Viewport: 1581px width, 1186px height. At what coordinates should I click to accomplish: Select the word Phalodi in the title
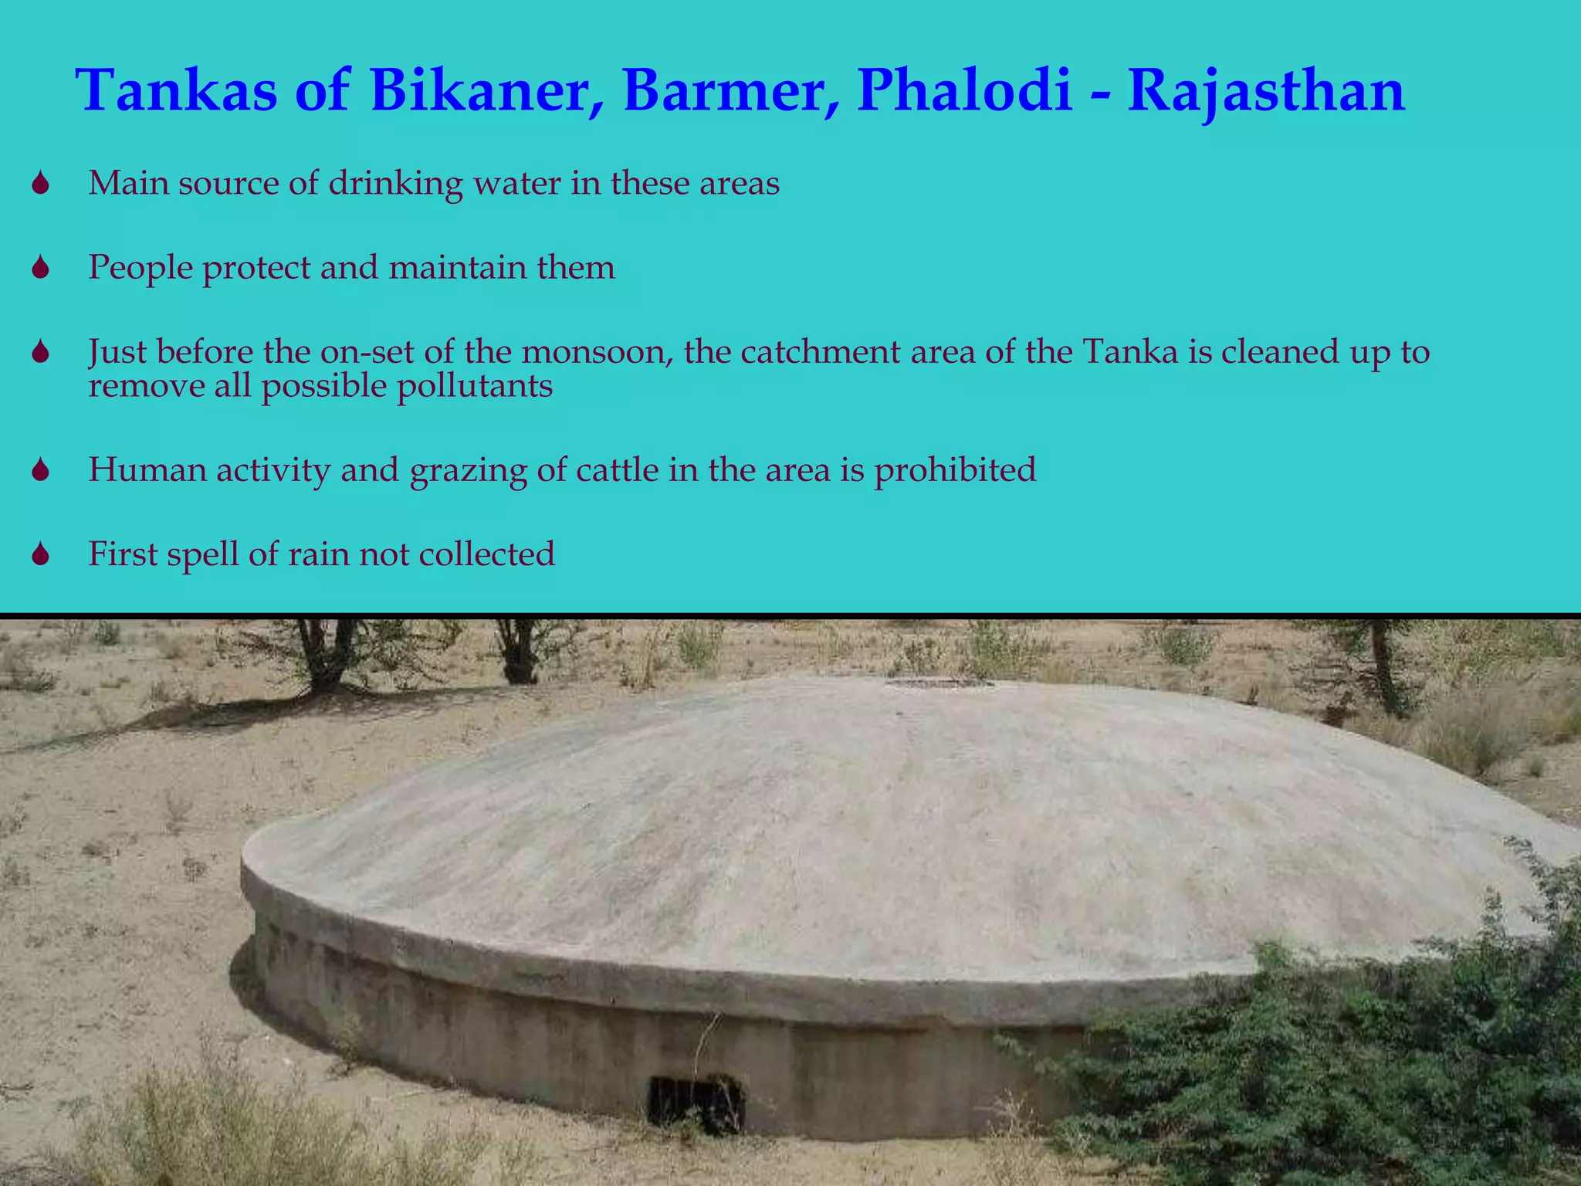pyautogui.click(x=965, y=91)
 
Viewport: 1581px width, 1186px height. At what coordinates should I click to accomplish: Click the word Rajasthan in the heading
pyautogui.click(x=1266, y=91)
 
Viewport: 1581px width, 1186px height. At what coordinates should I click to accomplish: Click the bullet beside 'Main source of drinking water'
pyautogui.click(x=41, y=184)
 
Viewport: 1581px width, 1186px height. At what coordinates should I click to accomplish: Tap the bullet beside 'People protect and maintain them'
pyautogui.click(x=41, y=268)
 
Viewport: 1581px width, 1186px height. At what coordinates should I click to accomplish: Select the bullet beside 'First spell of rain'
pyautogui.click(x=41, y=554)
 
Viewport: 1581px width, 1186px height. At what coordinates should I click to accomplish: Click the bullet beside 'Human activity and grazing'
pyautogui.click(x=41, y=470)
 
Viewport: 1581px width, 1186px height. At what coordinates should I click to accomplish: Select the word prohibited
pyautogui.click(x=955, y=470)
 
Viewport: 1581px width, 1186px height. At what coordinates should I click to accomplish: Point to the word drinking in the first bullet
pyautogui.click(x=396, y=184)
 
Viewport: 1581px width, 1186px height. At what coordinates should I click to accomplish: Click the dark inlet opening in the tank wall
pyautogui.click(x=695, y=1101)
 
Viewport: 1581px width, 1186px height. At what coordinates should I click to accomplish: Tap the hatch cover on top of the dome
pyautogui.click(x=938, y=683)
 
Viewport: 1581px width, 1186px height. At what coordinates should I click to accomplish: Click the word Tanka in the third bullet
pyautogui.click(x=1131, y=353)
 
